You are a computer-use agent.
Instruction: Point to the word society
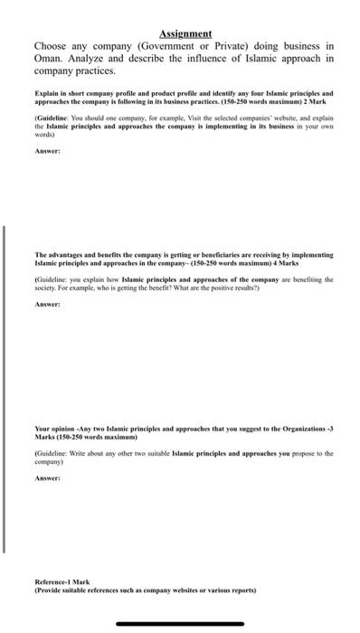[x=47, y=289]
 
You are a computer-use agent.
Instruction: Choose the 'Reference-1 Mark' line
[x=62, y=581]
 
